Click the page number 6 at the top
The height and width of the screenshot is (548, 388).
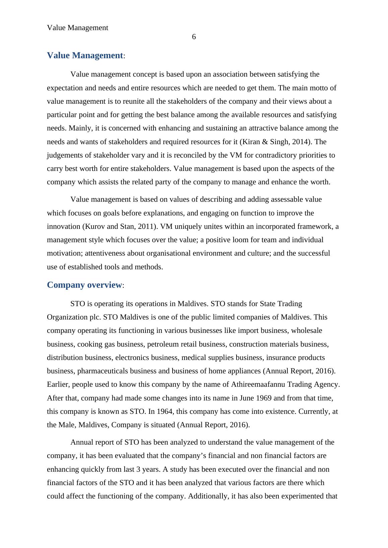click(194, 37)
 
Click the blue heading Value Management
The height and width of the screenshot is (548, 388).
click(85, 55)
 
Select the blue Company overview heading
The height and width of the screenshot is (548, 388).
click(84, 285)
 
